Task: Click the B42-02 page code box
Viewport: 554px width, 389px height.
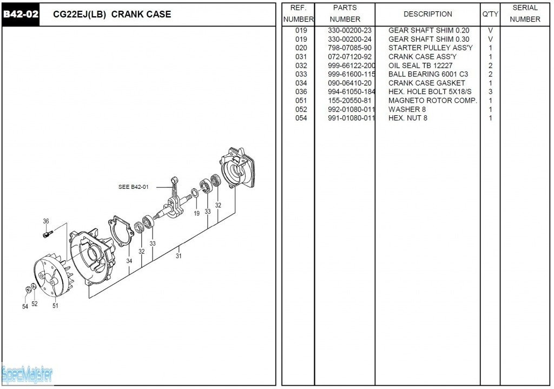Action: pos(21,14)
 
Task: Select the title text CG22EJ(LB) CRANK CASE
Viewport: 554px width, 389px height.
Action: pos(112,15)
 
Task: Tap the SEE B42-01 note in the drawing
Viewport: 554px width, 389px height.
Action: pos(133,187)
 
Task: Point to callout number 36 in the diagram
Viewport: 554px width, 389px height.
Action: pos(46,221)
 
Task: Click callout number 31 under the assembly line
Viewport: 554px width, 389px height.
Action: pos(179,256)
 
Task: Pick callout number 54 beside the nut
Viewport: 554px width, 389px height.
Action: pos(25,307)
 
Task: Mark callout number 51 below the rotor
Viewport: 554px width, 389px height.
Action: pos(55,306)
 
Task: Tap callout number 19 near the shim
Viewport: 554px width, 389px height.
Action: pos(196,214)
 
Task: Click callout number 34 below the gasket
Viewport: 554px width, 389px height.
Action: pos(129,261)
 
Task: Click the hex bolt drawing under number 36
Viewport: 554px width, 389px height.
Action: pos(48,234)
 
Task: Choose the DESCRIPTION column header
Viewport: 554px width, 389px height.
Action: pos(427,14)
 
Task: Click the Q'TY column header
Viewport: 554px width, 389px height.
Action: pos(490,14)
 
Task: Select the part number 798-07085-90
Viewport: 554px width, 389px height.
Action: pos(349,48)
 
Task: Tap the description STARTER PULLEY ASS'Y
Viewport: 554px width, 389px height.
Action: pos(430,48)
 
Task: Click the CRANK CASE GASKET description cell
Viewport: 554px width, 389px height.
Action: pos(426,83)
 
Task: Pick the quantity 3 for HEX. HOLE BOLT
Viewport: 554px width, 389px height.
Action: pos(490,91)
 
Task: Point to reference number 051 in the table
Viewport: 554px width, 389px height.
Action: pos(301,101)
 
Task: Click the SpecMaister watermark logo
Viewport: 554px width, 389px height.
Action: pos(27,374)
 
